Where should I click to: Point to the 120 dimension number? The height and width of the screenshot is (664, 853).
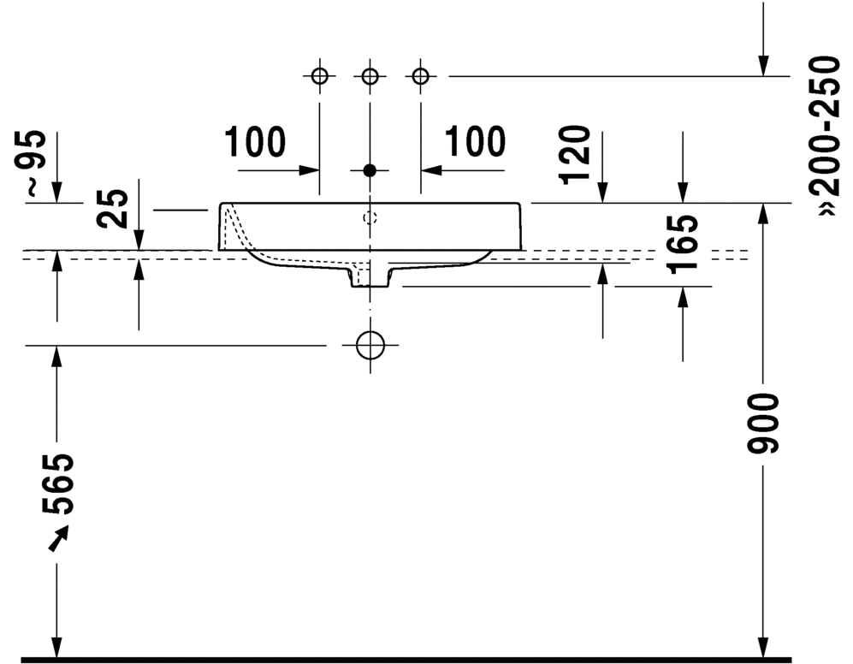(x=576, y=154)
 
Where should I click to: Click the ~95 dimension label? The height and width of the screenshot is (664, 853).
(x=33, y=165)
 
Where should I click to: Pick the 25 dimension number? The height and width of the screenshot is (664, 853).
(x=114, y=208)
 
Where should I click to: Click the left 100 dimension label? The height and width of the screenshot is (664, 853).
(x=256, y=142)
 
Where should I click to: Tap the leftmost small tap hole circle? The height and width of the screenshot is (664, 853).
(x=319, y=77)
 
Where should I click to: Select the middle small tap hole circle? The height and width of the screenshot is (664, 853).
(x=370, y=77)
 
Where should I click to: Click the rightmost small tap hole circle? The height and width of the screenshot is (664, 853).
(x=420, y=77)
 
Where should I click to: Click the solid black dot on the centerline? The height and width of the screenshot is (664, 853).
(x=370, y=170)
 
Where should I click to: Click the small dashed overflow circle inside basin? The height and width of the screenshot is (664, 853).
(x=370, y=217)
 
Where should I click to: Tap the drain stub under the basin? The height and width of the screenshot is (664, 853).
(x=370, y=276)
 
